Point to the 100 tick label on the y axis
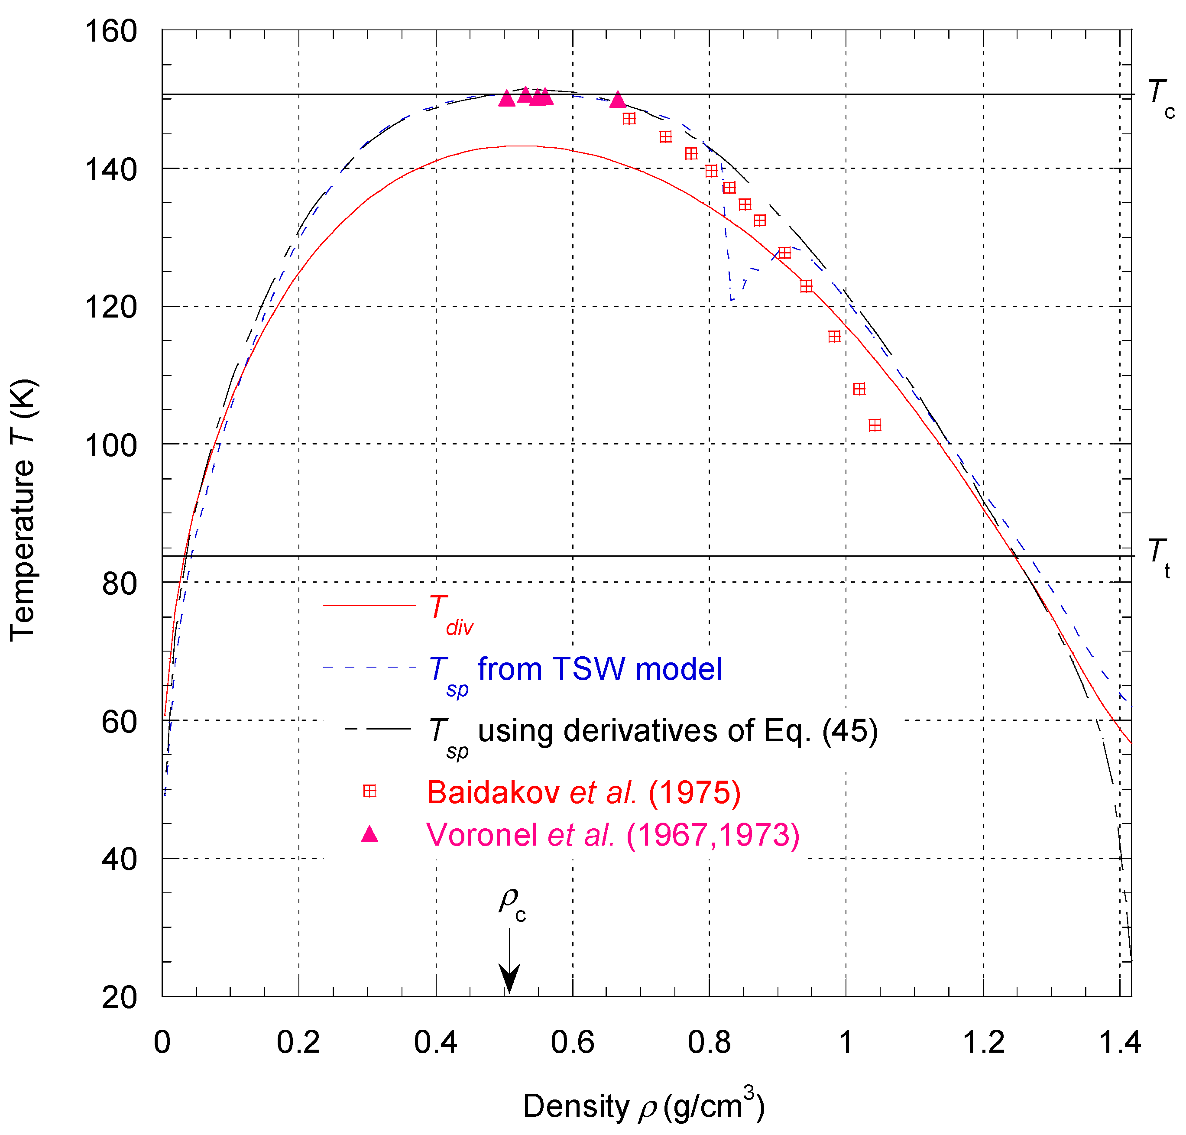pos(111,446)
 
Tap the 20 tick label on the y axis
pos(119,997)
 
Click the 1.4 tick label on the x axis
pos(1119,1042)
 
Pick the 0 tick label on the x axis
pos(162,1042)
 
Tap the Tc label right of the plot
pos(1160,99)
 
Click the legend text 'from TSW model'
pos(599,669)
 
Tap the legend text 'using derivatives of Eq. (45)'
pos(677,731)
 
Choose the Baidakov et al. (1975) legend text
pos(583,792)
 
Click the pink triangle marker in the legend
pos(369,835)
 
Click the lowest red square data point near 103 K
pos(875,425)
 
